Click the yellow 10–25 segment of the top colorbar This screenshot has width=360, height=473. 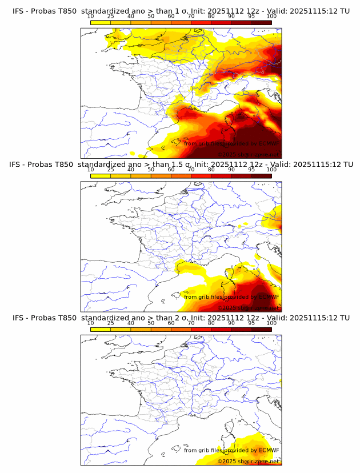[101, 22]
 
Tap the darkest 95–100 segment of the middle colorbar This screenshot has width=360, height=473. [262, 175]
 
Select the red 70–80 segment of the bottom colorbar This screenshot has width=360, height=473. [201, 329]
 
